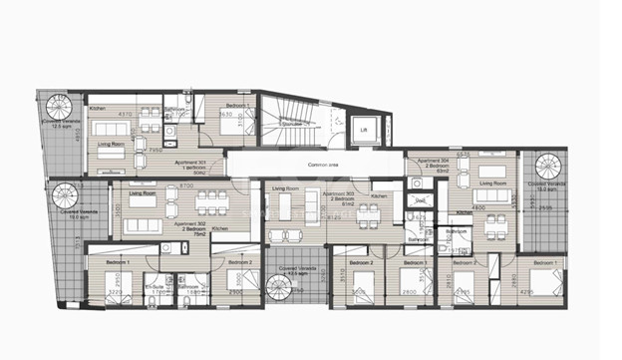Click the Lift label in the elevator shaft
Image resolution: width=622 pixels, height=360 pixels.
[364, 131]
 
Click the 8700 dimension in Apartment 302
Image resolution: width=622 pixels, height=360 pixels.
[186, 186]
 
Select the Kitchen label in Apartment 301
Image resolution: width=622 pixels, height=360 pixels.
[98, 108]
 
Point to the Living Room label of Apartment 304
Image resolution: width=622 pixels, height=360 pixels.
[488, 183]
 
